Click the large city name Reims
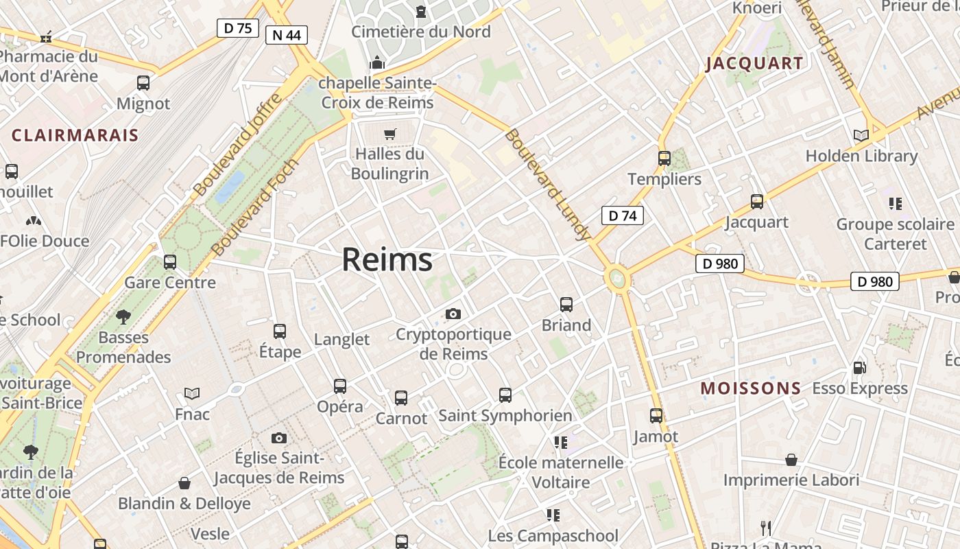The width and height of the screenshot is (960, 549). tap(387, 259)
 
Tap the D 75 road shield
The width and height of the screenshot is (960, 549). tap(238, 28)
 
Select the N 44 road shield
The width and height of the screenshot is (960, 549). tap(287, 35)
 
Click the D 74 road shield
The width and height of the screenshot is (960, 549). tap(622, 215)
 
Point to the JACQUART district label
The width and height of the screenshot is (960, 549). tap(754, 64)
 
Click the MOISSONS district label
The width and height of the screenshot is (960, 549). tap(750, 388)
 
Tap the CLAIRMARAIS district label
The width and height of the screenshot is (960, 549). tap(75, 135)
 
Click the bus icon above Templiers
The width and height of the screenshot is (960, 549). tap(664, 159)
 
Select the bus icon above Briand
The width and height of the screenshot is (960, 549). tap(566, 305)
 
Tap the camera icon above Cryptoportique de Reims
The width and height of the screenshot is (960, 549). tap(453, 314)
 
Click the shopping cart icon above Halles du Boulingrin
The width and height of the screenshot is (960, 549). tap(390, 134)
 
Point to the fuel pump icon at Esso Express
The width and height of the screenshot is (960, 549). tap(859, 368)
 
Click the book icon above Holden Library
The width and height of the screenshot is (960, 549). tap(861, 136)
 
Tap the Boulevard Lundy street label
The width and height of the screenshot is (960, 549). tap(547, 184)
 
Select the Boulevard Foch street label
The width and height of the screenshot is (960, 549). tap(255, 207)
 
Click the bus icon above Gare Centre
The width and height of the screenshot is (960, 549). tap(170, 262)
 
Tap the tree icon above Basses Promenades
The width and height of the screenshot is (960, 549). tap(123, 317)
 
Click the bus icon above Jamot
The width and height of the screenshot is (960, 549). tap(656, 416)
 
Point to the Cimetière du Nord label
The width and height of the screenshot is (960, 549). tap(421, 32)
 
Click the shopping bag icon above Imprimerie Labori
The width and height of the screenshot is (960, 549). tap(791, 460)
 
